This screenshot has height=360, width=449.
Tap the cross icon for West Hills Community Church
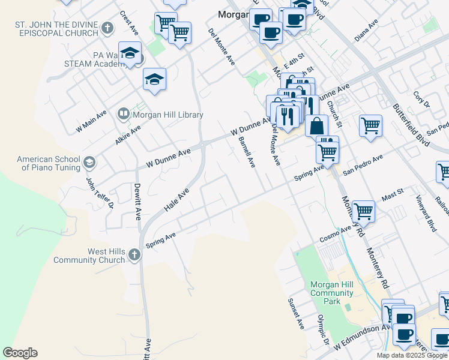tap(134, 256)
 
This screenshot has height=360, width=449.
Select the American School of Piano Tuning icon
tap(89, 163)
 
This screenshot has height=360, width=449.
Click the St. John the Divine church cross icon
tap(107, 28)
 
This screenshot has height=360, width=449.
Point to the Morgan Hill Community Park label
tap(331, 293)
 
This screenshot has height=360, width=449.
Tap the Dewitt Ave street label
tap(138, 201)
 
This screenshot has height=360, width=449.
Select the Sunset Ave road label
tap(296, 313)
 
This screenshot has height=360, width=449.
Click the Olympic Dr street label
tap(324, 329)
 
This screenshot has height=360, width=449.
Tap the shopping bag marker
tap(316, 125)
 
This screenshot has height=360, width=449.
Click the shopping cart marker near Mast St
tap(364, 211)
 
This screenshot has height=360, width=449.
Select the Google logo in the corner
tap(20, 353)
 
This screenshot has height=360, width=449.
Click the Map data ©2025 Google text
tap(412, 355)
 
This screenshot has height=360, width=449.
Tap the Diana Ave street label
tap(366, 31)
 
